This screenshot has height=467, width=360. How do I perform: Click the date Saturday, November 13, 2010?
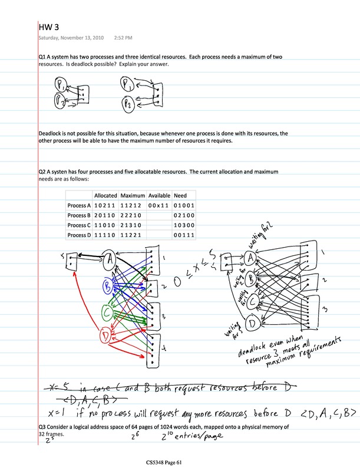tap(71, 38)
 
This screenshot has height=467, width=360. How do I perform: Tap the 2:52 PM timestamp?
tap(124, 38)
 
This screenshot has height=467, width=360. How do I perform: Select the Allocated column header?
tap(105, 195)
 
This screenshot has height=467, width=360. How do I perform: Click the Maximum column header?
tap(133, 195)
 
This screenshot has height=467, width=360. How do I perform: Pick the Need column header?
tap(180, 195)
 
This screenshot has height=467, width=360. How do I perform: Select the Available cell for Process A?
tap(158, 205)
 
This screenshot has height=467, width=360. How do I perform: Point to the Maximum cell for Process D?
tap(131, 235)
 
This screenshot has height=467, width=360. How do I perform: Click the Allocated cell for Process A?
tap(105, 205)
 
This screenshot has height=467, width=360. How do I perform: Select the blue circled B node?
tap(108, 287)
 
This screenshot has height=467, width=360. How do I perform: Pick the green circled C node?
tap(107, 311)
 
